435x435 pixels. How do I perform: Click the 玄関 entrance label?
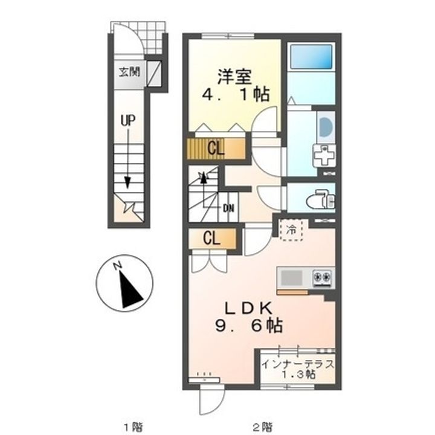[x=129, y=72]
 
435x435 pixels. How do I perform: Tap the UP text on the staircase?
[x=128, y=121]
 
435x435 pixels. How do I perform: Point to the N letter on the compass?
[x=118, y=265]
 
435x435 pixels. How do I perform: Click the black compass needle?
[x=131, y=290]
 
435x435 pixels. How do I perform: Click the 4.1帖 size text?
[x=236, y=95]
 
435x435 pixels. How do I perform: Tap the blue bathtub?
[x=311, y=57]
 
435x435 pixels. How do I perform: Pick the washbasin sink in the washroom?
[x=325, y=127]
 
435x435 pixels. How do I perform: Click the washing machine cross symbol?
[x=324, y=156]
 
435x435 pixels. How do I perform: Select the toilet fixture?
[x=321, y=199]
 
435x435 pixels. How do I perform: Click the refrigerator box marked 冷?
[x=291, y=230]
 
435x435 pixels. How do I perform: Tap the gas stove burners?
[x=323, y=277]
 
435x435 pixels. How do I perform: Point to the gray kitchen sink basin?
[x=292, y=278]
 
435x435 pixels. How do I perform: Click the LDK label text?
[x=248, y=308]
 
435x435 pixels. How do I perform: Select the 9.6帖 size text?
[x=249, y=326]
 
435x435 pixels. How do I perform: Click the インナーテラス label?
[x=298, y=364]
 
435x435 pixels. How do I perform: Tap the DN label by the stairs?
[x=228, y=208]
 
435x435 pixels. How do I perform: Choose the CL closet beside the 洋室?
[x=216, y=149]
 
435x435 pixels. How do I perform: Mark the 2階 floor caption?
[x=263, y=426]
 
